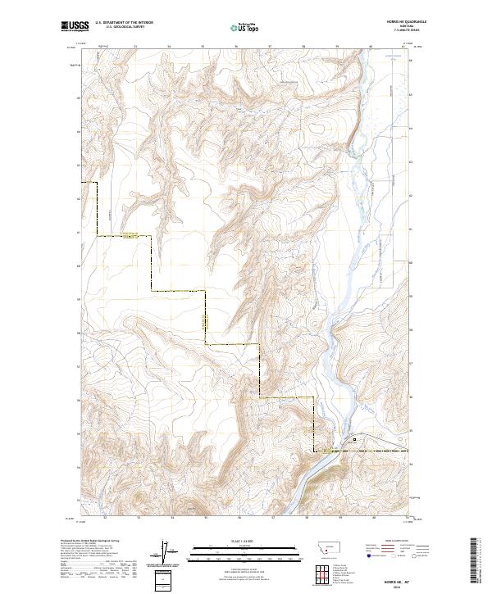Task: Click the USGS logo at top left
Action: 75,26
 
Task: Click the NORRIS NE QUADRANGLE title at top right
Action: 397,21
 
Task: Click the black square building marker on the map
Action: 354,440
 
